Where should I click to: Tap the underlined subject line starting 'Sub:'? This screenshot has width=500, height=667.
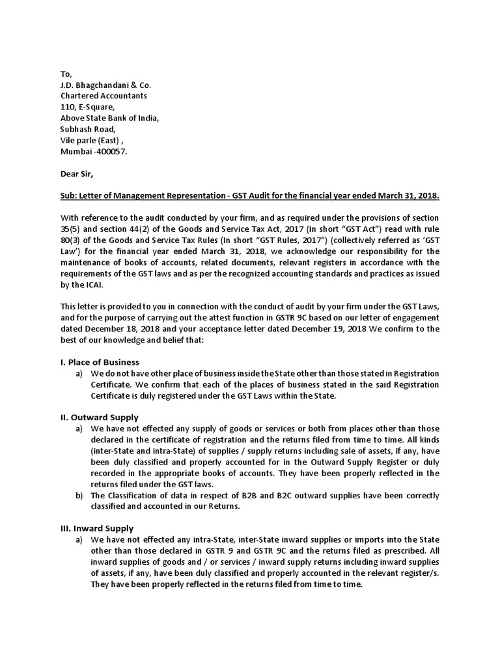[249, 196]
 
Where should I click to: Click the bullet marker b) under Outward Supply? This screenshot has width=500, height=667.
[80, 495]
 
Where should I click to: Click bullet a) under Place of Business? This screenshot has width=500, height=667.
[80, 373]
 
